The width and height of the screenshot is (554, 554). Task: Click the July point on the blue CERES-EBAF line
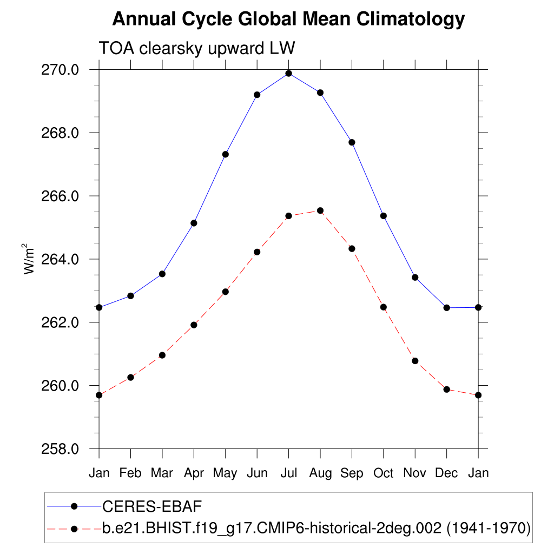[x=289, y=74]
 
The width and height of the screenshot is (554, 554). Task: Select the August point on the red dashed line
[x=320, y=210]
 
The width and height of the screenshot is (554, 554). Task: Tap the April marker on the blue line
[x=194, y=223]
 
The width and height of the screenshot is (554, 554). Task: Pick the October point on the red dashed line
[x=384, y=307]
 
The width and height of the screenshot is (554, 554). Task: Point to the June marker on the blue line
[x=257, y=95]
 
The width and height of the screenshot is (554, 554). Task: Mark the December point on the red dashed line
[x=447, y=389]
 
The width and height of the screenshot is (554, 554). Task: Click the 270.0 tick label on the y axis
[x=61, y=70]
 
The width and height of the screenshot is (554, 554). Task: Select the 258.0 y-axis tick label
[x=61, y=449]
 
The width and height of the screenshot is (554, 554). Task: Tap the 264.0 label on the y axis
[x=61, y=259]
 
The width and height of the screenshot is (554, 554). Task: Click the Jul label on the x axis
[x=289, y=473]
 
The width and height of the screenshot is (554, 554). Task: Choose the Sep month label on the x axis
[x=352, y=473]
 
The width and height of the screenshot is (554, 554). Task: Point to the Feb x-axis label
[x=130, y=473]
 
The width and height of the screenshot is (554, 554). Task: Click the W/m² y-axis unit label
[x=29, y=259]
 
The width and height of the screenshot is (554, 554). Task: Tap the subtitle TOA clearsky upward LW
[x=196, y=48]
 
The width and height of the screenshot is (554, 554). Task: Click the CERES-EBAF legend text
[x=152, y=506]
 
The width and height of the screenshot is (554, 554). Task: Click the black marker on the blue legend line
[x=75, y=506]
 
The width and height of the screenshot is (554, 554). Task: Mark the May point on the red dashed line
[x=226, y=292]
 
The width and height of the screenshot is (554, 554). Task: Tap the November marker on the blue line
[x=415, y=278]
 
